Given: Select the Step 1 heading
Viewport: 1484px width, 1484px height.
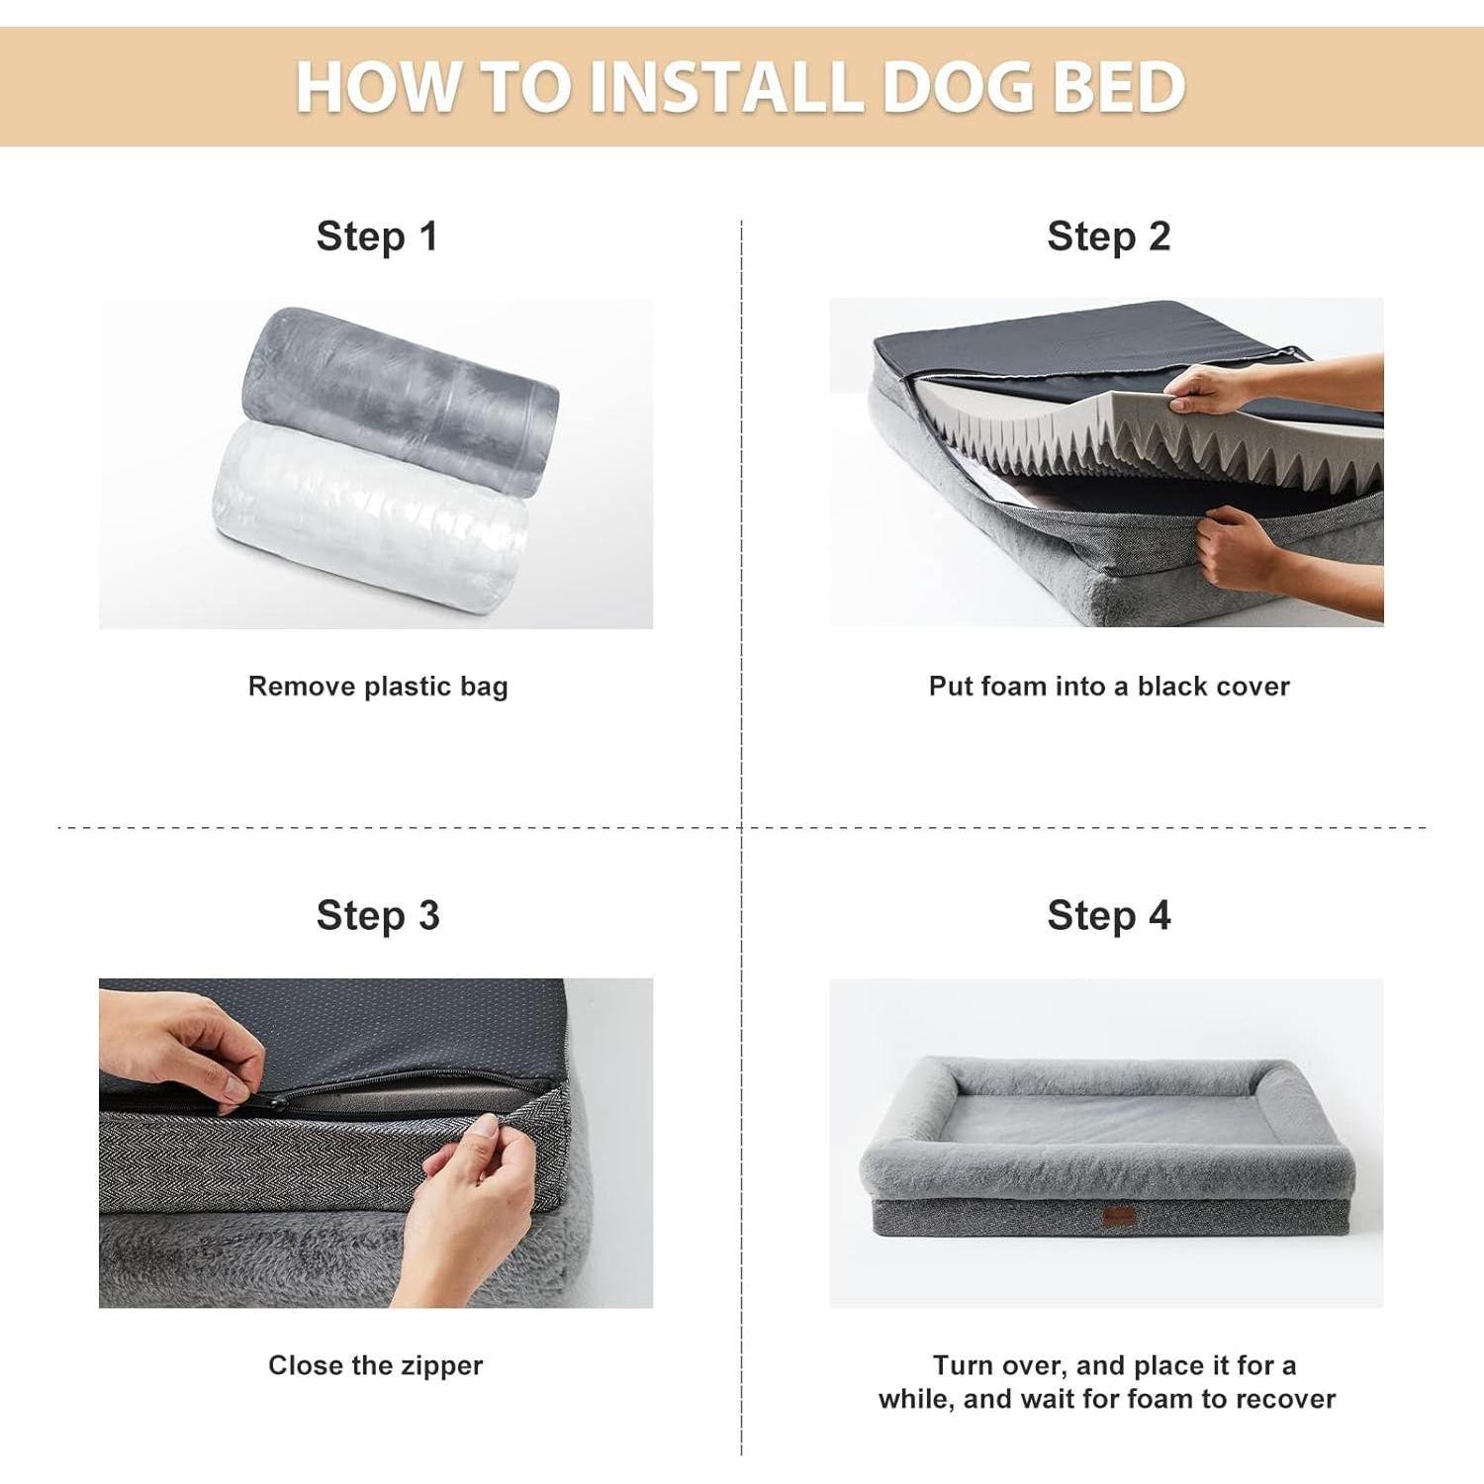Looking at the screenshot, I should [x=377, y=236].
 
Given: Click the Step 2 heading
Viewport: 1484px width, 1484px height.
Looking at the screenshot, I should [x=1108, y=236].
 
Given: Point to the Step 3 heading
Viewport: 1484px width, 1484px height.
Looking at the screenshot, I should [x=377, y=915].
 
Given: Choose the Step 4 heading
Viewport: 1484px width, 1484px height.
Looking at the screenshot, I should [x=1108, y=915].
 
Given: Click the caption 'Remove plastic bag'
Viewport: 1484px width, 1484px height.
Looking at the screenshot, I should [x=377, y=687].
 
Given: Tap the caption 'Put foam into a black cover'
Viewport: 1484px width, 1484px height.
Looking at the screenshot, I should [x=1108, y=687].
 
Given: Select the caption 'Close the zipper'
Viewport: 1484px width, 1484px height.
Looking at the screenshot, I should [x=375, y=1365].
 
